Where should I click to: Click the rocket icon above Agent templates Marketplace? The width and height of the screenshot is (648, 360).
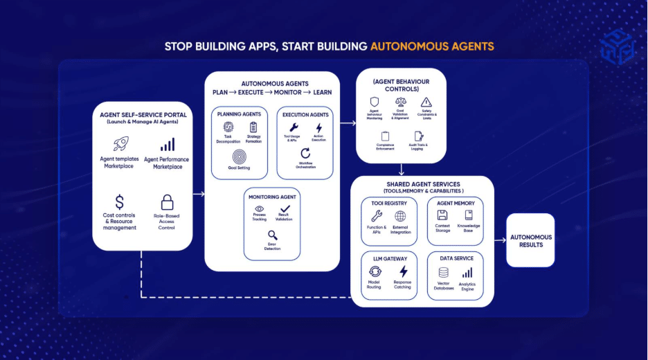click(x=120, y=143)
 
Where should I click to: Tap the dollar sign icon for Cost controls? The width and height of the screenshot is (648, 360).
click(x=120, y=202)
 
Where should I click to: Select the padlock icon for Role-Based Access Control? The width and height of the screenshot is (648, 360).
click(x=167, y=202)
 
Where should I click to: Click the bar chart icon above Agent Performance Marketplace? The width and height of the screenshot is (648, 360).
click(x=167, y=144)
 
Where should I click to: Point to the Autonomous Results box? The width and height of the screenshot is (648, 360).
click(x=530, y=240)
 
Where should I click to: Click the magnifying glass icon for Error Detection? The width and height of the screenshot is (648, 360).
click(x=272, y=235)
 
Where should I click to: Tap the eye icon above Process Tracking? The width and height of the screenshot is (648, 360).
click(x=260, y=208)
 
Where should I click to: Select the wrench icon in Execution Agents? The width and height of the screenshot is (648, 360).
click(x=294, y=128)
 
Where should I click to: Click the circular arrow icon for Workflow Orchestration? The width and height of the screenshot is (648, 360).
click(x=305, y=154)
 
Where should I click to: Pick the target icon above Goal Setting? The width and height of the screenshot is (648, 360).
click(x=238, y=155)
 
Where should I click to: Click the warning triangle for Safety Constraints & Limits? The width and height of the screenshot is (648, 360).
click(x=425, y=102)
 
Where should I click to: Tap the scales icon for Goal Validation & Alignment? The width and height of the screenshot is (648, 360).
click(x=400, y=102)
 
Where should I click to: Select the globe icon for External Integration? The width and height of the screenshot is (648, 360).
click(x=400, y=216)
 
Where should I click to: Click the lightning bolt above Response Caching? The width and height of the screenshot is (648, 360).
click(x=403, y=271)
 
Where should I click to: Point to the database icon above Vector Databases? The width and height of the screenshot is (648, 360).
click(x=443, y=273)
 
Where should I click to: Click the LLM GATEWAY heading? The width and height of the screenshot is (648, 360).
click(x=388, y=258)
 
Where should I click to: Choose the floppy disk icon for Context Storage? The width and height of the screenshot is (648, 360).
click(x=442, y=215)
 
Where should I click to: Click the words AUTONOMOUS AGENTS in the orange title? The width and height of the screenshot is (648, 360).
click(x=432, y=47)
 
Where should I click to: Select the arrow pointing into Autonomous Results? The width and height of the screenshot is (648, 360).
click(x=501, y=240)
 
